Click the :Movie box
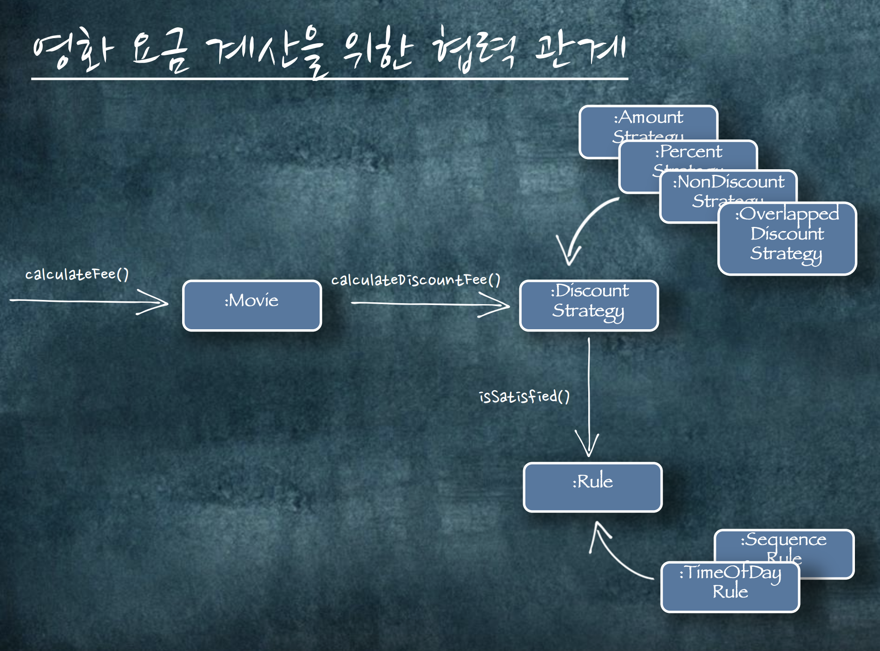click(252, 306)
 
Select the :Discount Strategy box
click(589, 306)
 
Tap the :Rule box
click(592, 487)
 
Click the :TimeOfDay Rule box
click(730, 587)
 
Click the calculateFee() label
click(77, 274)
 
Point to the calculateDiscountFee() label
click(416, 280)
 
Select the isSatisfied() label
click(524, 397)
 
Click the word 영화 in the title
click(72, 50)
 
